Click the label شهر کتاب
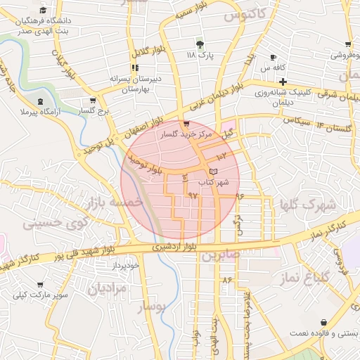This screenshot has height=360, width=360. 213,182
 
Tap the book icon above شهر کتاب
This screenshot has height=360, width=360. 214,172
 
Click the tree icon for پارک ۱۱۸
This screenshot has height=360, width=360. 200,44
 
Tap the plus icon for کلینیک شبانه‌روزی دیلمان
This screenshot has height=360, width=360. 282,82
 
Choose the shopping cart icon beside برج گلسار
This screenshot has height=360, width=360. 93,101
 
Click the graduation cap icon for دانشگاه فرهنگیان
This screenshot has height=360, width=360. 43,11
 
